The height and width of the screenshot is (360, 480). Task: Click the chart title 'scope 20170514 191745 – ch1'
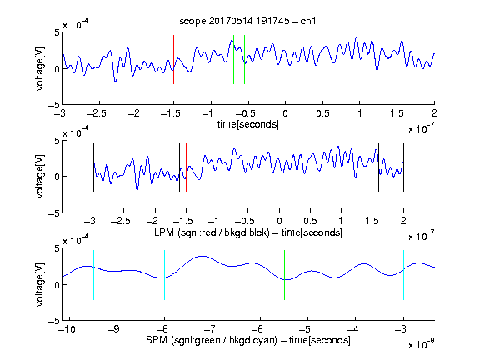coord(247,21)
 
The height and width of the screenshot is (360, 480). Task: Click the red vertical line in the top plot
coord(173,59)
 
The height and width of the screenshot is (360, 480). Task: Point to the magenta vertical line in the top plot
coord(397,59)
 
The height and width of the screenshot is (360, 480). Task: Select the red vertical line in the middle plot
coord(186,167)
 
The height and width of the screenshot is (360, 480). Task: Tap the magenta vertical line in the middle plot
coord(372,167)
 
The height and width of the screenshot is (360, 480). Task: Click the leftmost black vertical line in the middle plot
coord(93,167)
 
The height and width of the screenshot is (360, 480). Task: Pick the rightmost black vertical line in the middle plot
coord(403,167)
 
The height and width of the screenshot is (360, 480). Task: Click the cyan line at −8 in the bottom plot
coord(165,275)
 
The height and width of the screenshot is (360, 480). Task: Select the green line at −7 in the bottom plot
coord(212,275)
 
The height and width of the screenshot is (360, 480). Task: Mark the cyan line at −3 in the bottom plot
coord(403,275)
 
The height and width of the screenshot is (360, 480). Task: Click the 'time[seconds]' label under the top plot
coord(248,124)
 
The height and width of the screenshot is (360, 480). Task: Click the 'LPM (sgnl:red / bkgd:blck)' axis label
coord(212,232)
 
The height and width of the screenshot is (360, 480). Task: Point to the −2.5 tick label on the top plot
coord(96,113)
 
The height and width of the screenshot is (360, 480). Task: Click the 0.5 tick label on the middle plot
coord(310,221)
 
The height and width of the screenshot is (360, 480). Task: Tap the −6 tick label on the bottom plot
coord(260,329)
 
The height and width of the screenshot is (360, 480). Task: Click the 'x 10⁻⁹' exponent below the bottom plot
coord(422,344)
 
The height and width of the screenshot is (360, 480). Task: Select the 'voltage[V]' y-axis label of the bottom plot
coord(40,284)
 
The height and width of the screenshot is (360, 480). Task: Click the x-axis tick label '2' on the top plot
coord(434,113)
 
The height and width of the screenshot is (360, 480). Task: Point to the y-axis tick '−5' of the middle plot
coord(54,213)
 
